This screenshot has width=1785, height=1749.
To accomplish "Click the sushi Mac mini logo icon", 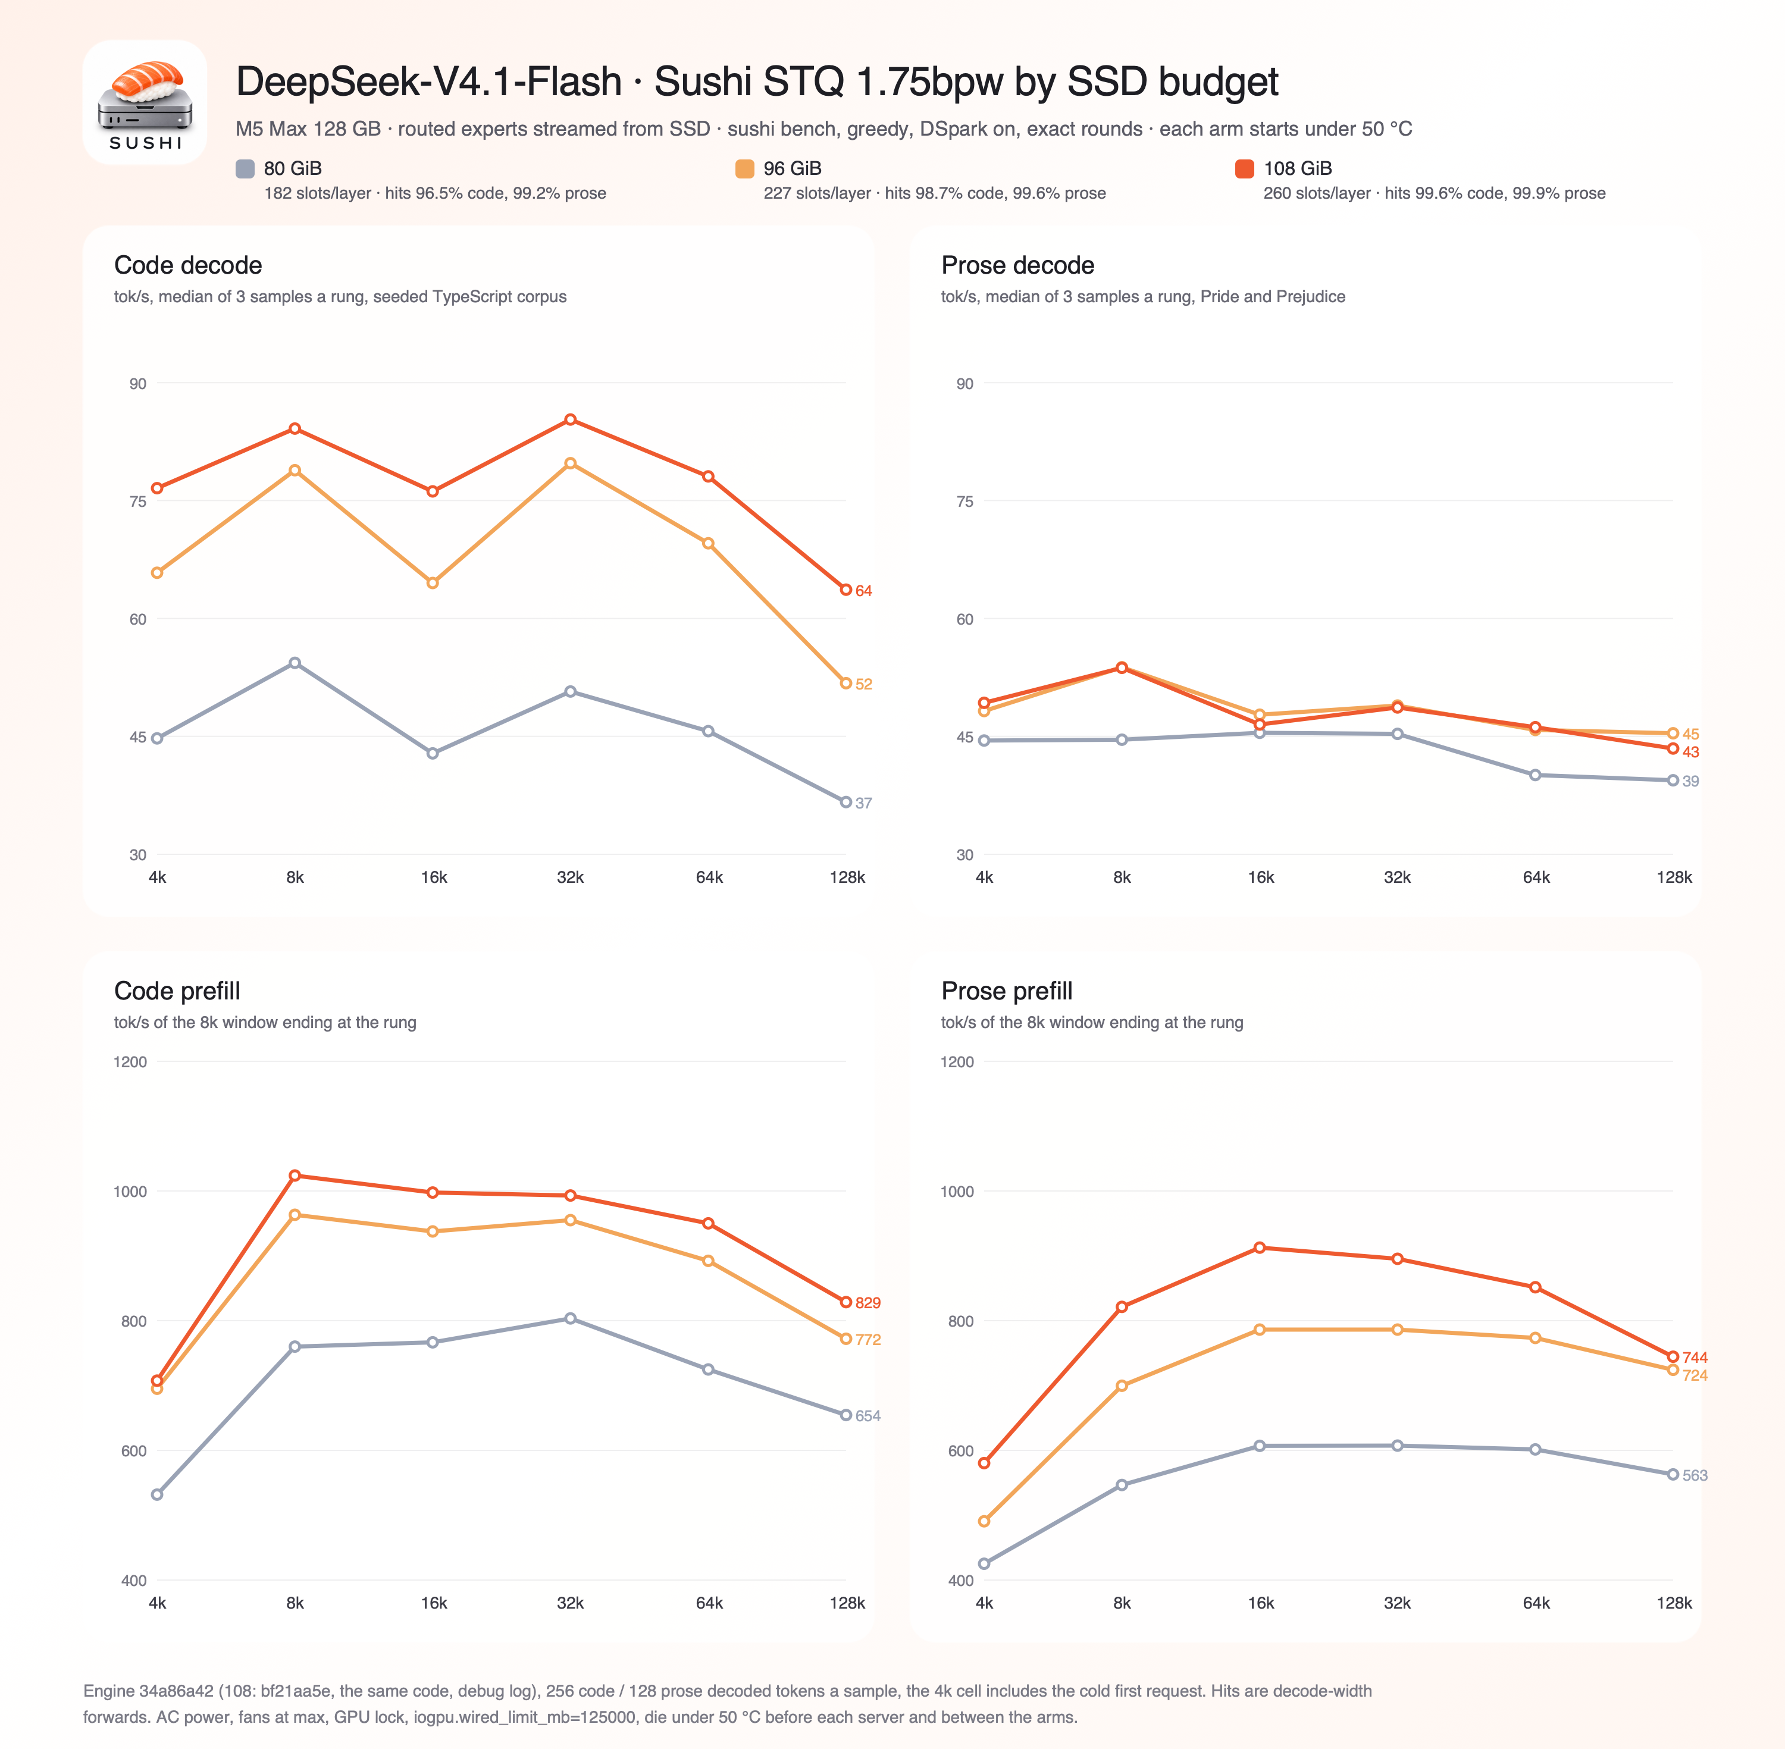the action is tap(145, 102).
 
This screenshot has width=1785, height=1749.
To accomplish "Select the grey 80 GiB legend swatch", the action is tap(245, 168).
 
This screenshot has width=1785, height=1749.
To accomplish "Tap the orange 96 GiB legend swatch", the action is tap(745, 168).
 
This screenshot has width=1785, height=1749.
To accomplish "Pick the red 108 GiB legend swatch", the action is tap(1245, 168).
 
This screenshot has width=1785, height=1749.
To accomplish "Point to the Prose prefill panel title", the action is tap(1007, 991).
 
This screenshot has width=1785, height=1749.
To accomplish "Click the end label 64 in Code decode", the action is tap(863, 591).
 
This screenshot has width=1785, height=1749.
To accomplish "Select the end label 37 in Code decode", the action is tap(863, 803).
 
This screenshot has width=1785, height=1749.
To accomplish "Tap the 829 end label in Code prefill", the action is tap(868, 1303).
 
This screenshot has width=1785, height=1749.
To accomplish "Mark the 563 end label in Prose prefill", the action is tap(1695, 1475).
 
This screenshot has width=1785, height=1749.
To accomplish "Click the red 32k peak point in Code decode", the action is tap(571, 420).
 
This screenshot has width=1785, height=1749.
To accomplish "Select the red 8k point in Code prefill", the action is tap(295, 1176).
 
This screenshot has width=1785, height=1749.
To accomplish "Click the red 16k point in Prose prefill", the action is tap(1260, 1248).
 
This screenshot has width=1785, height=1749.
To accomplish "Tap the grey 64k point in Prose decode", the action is tap(1535, 775).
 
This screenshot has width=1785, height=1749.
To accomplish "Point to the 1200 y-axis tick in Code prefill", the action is tap(130, 1062).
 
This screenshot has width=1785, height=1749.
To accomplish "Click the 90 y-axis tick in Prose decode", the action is tap(964, 384).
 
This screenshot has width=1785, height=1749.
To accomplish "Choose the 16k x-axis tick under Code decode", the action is tap(434, 877).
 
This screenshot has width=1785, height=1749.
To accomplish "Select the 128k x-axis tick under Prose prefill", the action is tap(1674, 1603).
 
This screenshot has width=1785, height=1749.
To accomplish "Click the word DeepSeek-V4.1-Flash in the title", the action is tap(429, 82).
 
